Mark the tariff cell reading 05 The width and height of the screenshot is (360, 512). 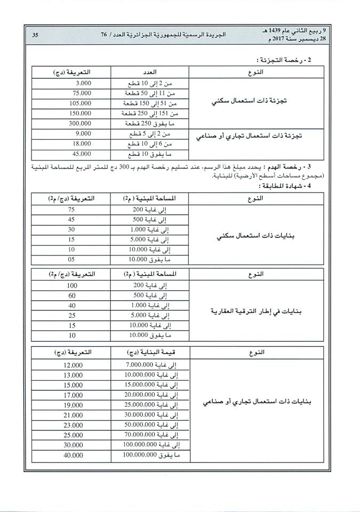tap(71, 259)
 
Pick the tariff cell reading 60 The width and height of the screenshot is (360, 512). tap(71, 295)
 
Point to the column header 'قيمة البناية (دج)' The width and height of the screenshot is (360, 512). tap(150, 353)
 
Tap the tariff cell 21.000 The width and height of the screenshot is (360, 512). tap(72, 415)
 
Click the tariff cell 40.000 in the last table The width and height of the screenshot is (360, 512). tap(72, 455)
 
